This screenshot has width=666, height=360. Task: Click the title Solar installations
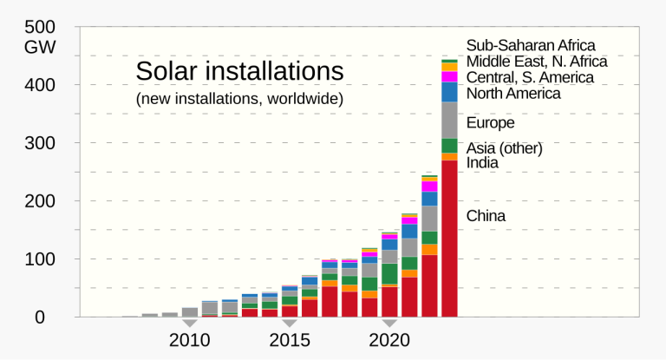239,70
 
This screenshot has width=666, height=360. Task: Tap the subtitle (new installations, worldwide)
239,99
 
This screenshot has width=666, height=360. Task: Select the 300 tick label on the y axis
41,142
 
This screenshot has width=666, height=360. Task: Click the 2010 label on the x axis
190,339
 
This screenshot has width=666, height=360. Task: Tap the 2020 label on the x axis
389,339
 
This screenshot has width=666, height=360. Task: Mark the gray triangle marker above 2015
290,323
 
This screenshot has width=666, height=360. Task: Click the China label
486,216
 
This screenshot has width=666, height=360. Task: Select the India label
482,163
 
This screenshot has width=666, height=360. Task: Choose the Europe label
490,123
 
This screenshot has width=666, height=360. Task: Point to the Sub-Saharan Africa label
531,46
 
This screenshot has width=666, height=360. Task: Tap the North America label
513,93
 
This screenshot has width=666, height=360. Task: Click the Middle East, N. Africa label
536,62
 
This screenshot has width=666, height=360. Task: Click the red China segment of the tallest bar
449,239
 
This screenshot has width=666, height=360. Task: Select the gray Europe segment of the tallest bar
449,120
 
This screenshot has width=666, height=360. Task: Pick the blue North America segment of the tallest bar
449,92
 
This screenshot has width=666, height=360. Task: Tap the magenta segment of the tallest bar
449,76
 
